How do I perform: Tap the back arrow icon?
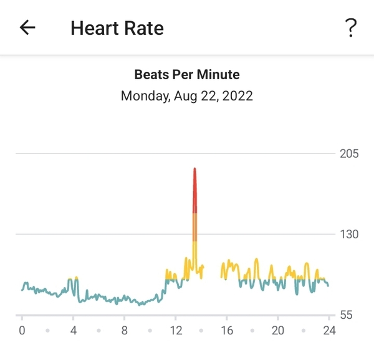[x=27, y=27]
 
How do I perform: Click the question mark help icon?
[x=350, y=27]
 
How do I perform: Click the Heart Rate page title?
[x=117, y=28]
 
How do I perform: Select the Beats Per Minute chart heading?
[x=187, y=75]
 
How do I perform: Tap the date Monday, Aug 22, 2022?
[x=187, y=96]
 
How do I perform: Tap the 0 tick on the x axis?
[x=22, y=331]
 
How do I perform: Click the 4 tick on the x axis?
[x=73, y=331]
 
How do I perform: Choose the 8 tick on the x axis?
[x=125, y=331]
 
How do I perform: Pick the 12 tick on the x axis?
[x=176, y=331]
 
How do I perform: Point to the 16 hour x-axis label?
[x=227, y=331]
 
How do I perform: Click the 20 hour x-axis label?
[x=278, y=331]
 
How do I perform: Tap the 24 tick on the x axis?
[x=329, y=331]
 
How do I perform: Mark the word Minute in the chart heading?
[x=219, y=75]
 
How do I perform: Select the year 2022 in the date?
[x=239, y=96]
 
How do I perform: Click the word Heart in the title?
[x=91, y=28]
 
